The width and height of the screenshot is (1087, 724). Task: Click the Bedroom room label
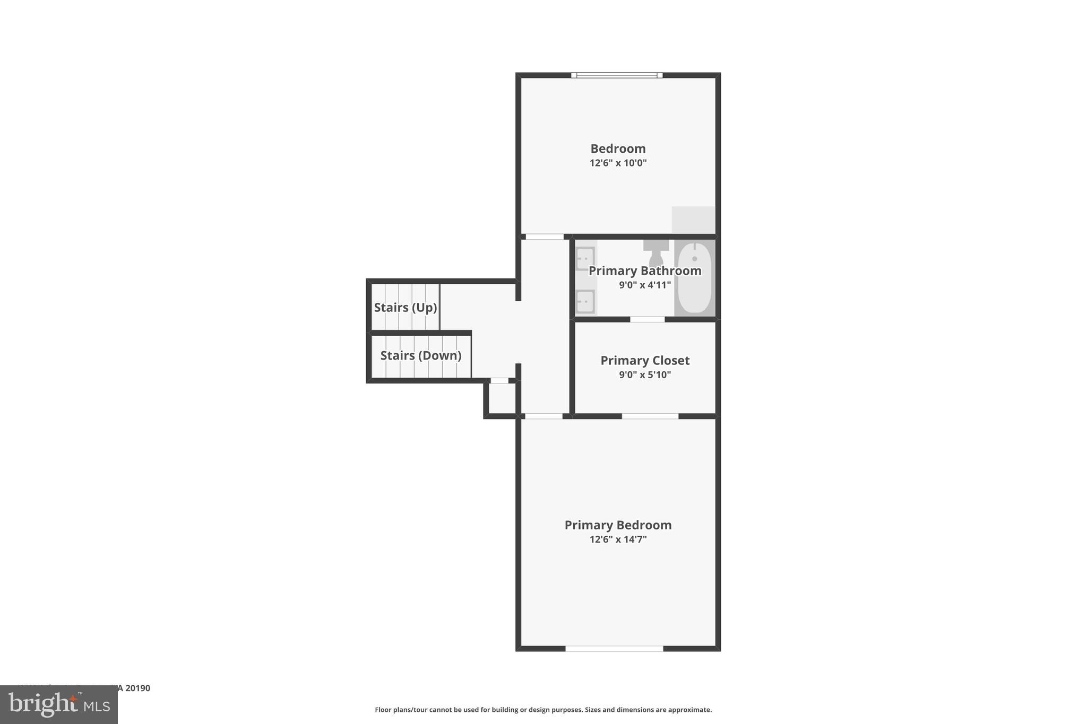click(618, 149)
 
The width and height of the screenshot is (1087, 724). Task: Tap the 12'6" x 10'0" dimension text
click(618, 163)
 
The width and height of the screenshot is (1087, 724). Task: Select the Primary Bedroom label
click(618, 525)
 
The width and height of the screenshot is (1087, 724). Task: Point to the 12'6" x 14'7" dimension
click(618, 539)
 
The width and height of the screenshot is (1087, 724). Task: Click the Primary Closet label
click(645, 361)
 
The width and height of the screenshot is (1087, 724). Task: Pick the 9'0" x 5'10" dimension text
click(645, 375)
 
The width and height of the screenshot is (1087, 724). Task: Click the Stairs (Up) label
click(406, 308)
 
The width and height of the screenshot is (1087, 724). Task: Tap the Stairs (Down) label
click(421, 355)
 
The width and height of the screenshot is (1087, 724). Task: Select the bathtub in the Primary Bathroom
click(695, 278)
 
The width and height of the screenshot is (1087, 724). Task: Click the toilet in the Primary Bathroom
click(656, 252)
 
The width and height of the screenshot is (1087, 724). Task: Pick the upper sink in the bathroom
click(585, 259)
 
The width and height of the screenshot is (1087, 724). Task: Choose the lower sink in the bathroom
click(585, 302)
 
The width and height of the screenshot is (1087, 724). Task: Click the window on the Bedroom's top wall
click(617, 75)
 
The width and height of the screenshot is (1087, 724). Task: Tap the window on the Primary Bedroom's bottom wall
click(614, 648)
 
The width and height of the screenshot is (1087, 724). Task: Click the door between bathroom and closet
click(647, 319)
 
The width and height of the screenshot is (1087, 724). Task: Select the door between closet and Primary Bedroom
click(650, 416)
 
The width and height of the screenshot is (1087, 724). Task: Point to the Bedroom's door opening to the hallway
click(544, 237)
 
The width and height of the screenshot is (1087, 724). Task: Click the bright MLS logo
click(59, 705)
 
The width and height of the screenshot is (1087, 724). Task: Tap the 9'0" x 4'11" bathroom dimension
click(645, 285)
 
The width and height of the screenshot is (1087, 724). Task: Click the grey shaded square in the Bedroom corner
click(693, 220)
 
